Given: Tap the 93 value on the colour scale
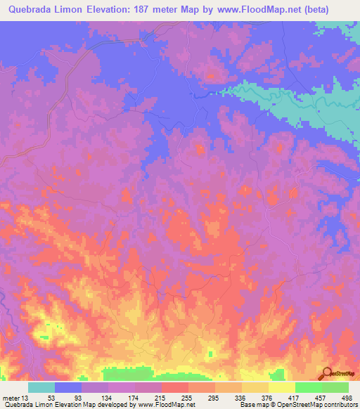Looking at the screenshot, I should [79, 397].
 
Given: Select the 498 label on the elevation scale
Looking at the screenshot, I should [349, 397].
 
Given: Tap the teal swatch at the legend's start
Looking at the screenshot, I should [41, 387].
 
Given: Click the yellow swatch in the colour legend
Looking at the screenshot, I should [281, 387].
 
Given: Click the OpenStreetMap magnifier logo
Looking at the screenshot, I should [328, 372].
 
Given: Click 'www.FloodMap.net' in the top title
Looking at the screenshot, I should [278, 10].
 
